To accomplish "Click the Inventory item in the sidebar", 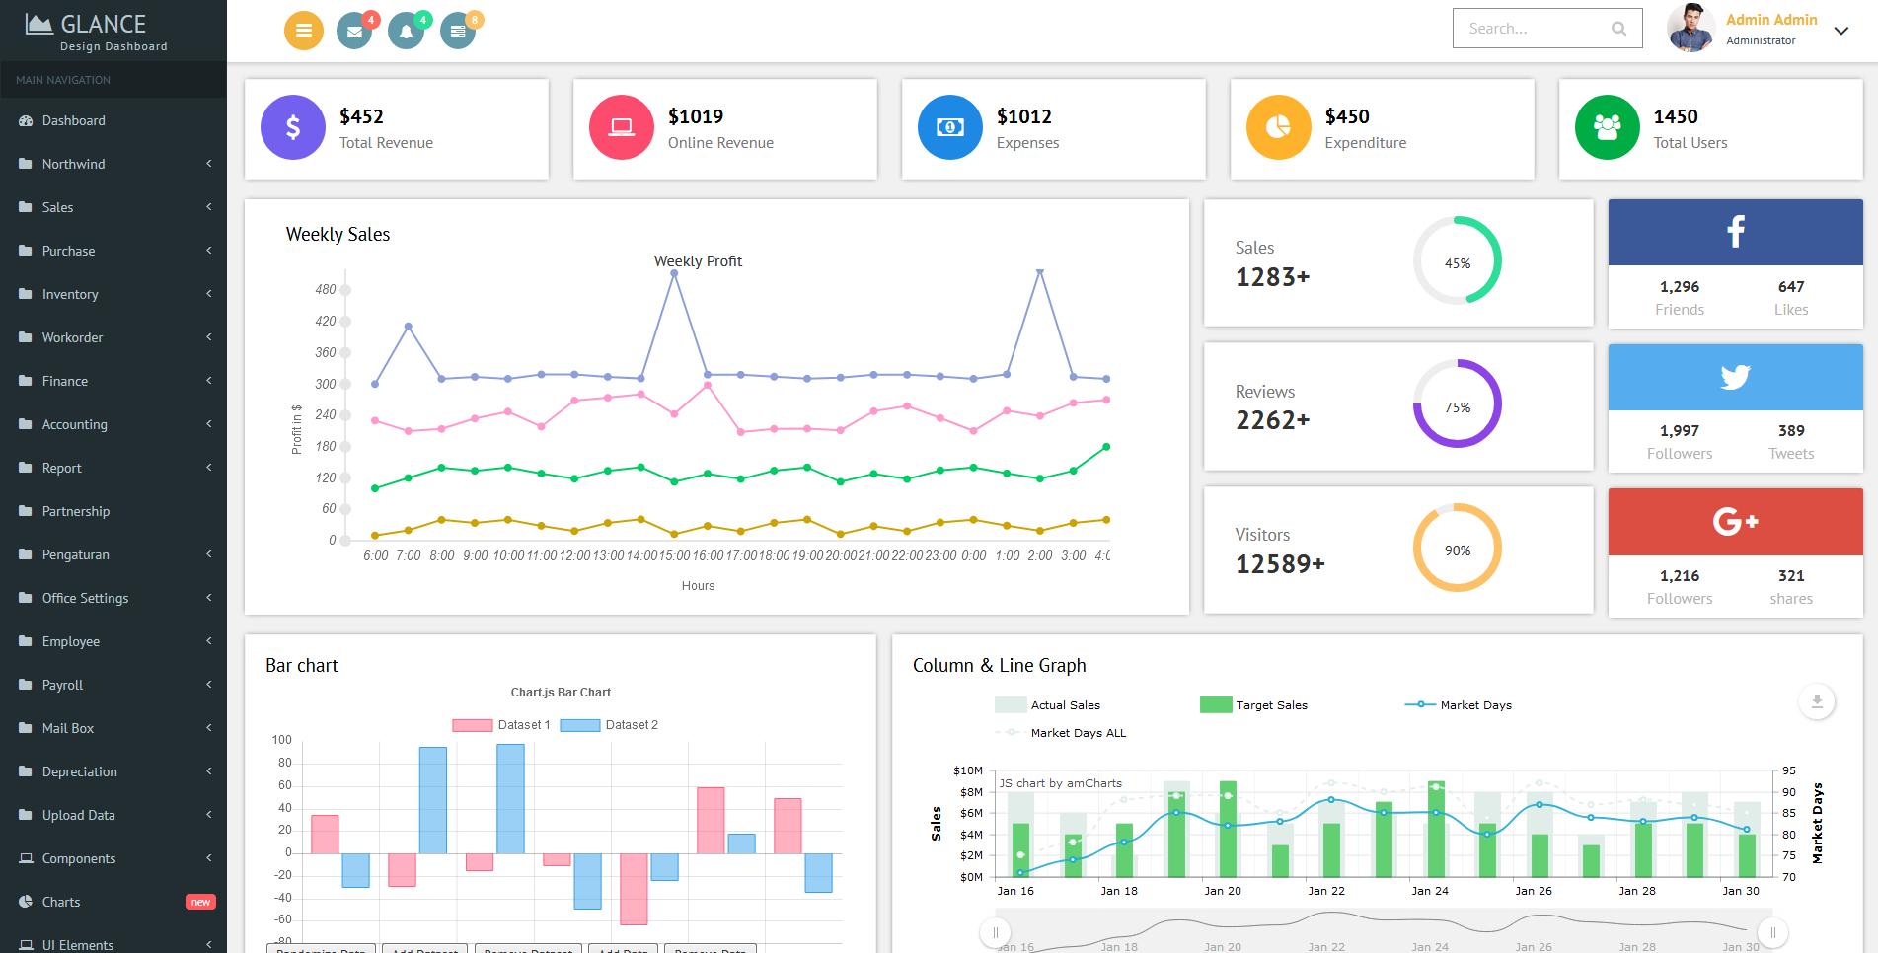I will click(70, 294).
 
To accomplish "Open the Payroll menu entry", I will click(62, 685).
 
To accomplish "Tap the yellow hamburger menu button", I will click(304, 31).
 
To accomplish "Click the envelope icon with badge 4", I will click(354, 32).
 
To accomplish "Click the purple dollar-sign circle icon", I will click(293, 127).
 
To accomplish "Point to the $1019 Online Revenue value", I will click(696, 116).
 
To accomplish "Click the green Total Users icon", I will click(1607, 127).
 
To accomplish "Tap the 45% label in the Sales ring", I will click(1457, 263).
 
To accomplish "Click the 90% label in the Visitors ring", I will click(1457, 550).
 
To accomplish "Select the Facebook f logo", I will click(1735, 231).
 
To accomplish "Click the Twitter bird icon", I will click(1735, 376).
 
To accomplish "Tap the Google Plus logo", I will click(1735, 521).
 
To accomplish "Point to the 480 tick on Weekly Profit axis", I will click(326, 289).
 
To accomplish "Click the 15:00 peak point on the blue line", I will click(674, 274).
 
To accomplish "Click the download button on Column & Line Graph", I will click(1816, 702).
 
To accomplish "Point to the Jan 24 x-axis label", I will click(1429, 891).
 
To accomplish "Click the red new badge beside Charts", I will click(200, 902).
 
